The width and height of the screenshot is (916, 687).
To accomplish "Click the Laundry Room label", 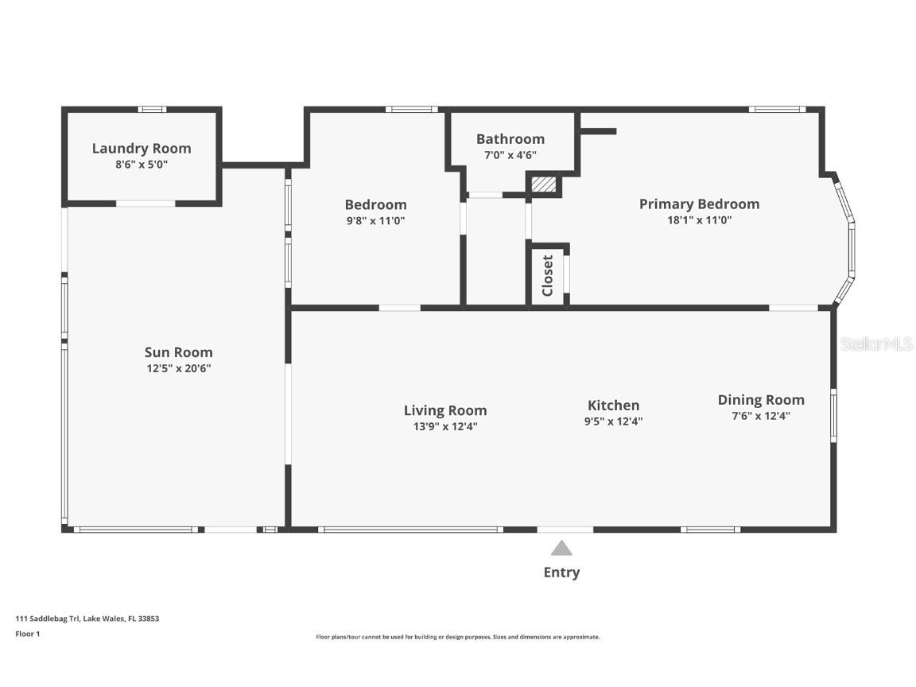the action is (142, 149).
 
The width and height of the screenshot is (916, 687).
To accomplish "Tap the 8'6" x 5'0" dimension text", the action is (142, 164).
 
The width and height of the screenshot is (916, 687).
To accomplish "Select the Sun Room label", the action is (179, 352).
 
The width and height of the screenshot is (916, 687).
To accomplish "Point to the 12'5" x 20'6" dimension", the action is (179, 368).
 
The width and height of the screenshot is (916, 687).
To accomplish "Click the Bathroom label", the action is (510, 139).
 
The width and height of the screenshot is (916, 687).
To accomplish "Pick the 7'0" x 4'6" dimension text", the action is (510, 155).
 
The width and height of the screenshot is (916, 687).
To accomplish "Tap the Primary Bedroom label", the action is (699, 204).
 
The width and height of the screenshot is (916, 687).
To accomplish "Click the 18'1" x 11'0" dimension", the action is (699, 220).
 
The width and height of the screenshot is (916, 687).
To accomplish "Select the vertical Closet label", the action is (547, 276).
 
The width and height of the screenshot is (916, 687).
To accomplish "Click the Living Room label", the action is (445, 410).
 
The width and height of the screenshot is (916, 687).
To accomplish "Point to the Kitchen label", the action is (613, 406).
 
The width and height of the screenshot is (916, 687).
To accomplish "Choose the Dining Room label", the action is (761, 400).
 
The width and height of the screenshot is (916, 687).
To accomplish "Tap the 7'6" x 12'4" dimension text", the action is (761, 416).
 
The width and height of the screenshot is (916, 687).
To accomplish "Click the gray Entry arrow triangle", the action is (561, 549).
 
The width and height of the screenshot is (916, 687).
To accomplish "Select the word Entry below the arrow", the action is (561, 572).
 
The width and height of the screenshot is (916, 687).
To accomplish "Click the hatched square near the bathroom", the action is (544, 184).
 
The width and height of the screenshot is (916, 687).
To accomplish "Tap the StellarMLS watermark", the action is (875, 344).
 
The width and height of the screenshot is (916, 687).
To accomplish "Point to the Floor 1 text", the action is (28, 634).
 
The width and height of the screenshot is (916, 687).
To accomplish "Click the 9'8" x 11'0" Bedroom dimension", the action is (375, 221).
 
